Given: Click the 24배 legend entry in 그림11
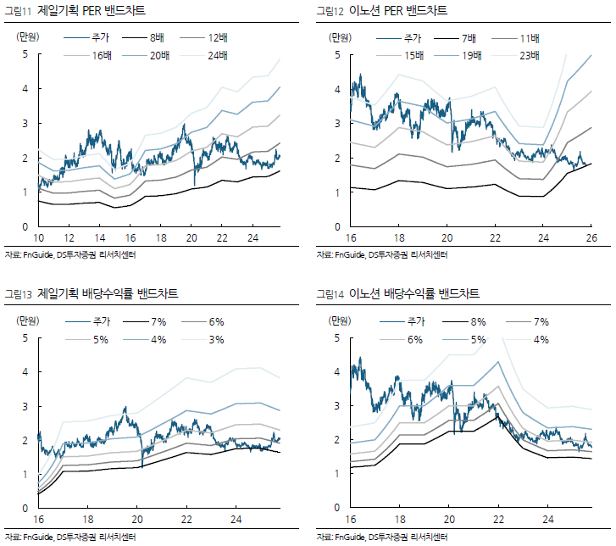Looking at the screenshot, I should point(226,55).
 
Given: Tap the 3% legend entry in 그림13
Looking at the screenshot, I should point(217,339).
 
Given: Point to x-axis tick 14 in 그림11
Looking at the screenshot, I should point(100,237).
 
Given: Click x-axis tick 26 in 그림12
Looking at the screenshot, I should point(591,237).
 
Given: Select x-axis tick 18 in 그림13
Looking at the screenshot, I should point(88,519).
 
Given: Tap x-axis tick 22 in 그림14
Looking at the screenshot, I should point(499,519).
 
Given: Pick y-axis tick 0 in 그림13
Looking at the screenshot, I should point(24,509).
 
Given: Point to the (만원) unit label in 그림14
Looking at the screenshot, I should point(340,320).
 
